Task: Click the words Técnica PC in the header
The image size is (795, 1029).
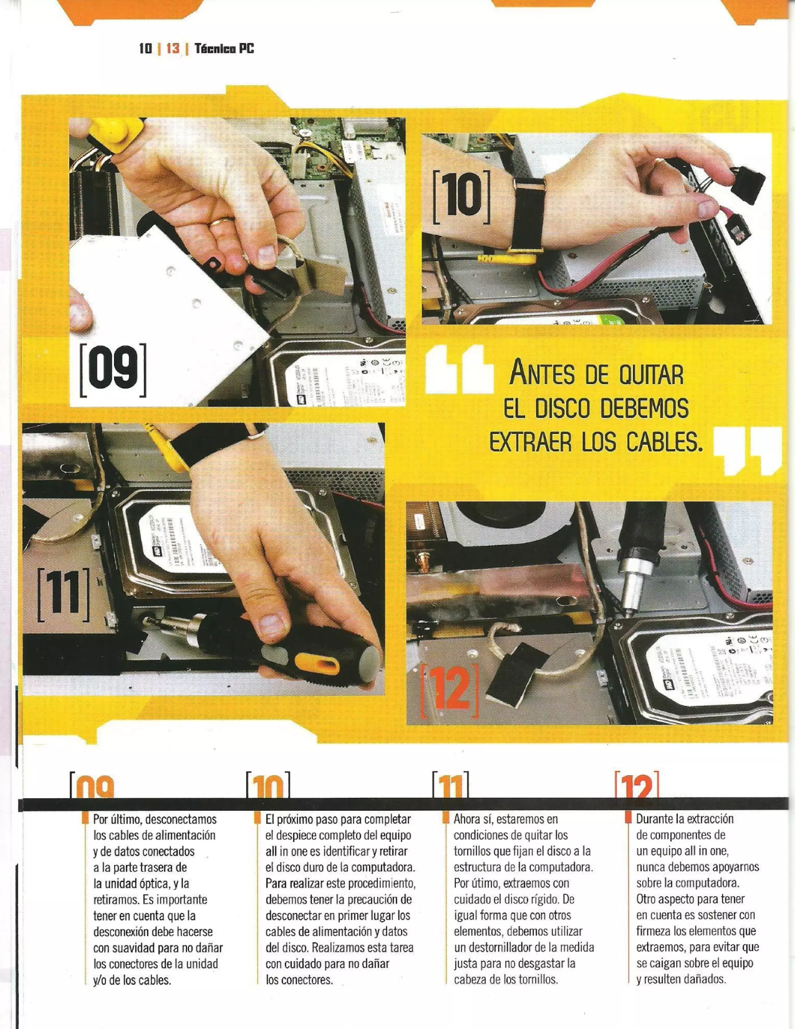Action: (224, 48)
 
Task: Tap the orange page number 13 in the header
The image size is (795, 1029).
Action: (173, 48)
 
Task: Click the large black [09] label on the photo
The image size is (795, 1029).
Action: (113, 370)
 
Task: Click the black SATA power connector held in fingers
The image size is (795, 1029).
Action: (748, 183)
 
